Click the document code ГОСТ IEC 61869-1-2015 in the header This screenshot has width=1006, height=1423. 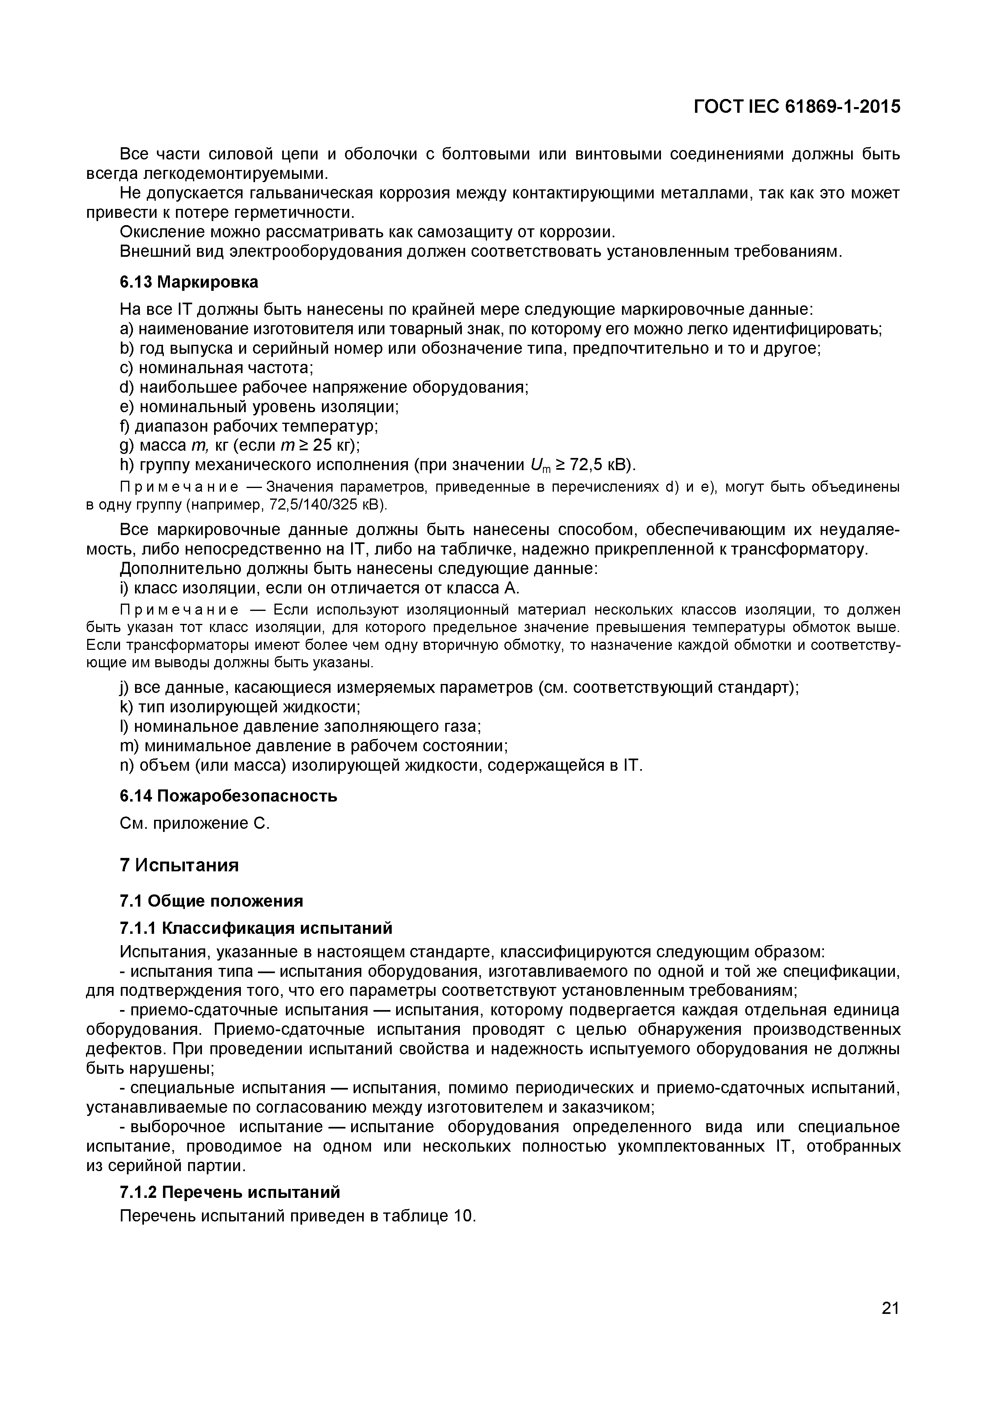(x=797, y=107)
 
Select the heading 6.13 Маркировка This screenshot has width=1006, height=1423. (x=189, y=282)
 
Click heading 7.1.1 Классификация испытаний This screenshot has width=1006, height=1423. (x=256, y=929)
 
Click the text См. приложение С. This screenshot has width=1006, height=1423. (x=195, y=824)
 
